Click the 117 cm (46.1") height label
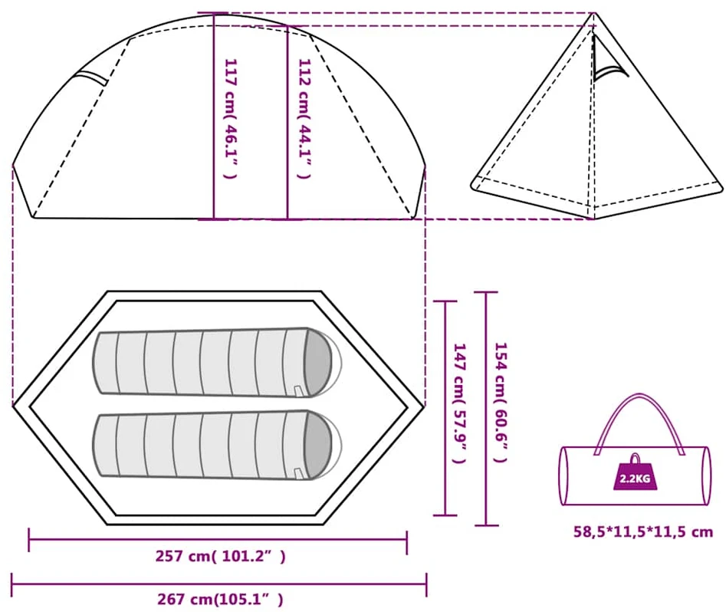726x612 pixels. pos(231,119)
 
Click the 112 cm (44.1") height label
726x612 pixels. pos(304,119)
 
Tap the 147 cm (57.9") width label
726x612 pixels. pos(459,403)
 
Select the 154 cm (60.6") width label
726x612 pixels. pos(501,402)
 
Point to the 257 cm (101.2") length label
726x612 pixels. pos(220,556)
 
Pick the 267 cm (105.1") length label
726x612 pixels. pos(220,600)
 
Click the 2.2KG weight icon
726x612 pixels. pos(635,472)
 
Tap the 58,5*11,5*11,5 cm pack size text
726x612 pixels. pos(643,531)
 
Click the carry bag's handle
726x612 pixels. pos(639,395)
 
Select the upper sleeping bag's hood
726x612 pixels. pos(319,362)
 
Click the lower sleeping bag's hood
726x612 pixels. pos(319,445)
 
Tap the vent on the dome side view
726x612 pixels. pos(92,77)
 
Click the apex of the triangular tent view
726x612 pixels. pos(594,13)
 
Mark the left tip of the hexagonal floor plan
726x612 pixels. pos(13,406)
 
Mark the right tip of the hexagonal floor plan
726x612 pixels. pos(425,406)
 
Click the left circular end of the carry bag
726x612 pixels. pos(564,475)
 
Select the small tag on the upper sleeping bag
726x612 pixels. pos(297,390)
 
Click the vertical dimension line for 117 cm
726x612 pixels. pos(214,117)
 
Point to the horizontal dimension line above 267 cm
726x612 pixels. pos(219,584)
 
